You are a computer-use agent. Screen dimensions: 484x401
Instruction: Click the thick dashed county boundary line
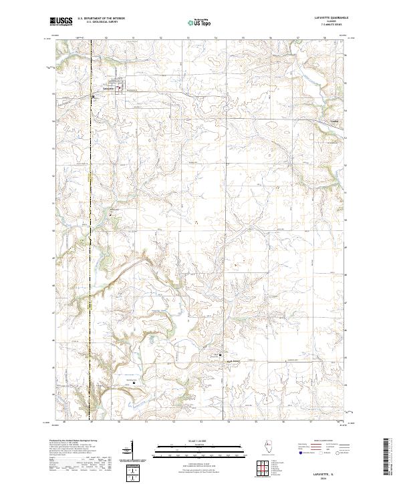[x=90, y=200]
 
